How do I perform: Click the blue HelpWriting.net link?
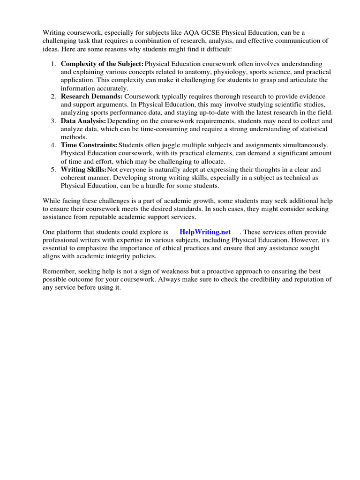coord(205,232)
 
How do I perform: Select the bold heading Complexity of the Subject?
coord(102,64)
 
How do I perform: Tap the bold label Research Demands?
coord(91,96)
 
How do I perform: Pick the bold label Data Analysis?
coord(83,121)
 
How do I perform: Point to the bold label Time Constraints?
coord(89,145)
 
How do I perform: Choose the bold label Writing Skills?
coord(84,169)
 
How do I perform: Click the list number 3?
coord(53,121)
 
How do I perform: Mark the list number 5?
coord(53,169)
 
